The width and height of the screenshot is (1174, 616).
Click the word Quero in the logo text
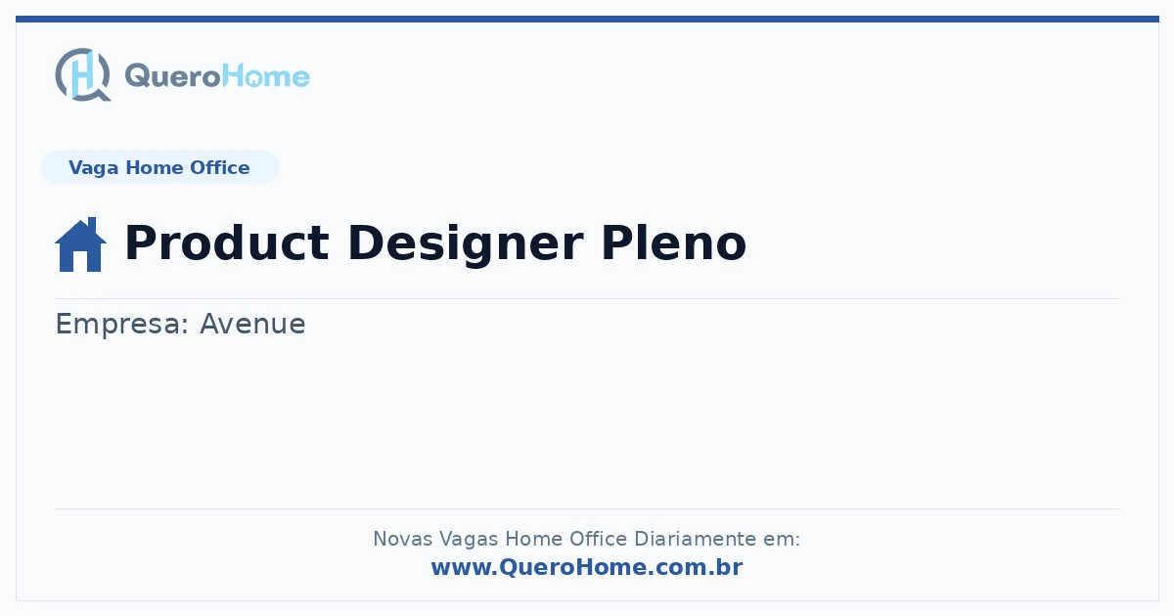(x=173, y=76)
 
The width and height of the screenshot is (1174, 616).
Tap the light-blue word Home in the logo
(x=266, y=76)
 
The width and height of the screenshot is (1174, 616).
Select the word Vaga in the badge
(x=93, y=168)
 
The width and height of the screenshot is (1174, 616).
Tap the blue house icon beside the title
(x=80, y=244)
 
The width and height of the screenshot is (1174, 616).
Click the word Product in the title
(x=227, y=242)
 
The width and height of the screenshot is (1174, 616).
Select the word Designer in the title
(x=465, y=245)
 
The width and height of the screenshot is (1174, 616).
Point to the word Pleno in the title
(x=673, y=242)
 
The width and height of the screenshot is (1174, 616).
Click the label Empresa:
(x=122, y=325)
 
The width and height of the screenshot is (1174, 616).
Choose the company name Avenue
(x=252, y=324)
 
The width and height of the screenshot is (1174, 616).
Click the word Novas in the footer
(x=402, y=539)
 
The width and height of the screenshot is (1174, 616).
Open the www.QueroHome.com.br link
(x=587, y=567)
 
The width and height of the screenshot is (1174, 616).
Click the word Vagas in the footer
(x=469, y=540)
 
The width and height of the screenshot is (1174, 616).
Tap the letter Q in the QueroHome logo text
(x=136, y=76)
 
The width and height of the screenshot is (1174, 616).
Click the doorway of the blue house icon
(x=80, y=262)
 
